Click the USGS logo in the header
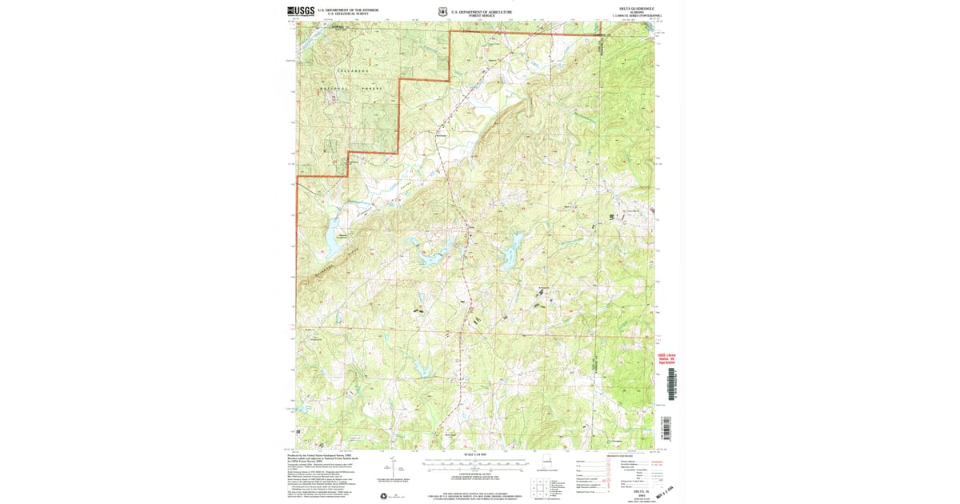click(301, 11)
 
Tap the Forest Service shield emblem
click(442, 12)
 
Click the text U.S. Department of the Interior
click(342, 10)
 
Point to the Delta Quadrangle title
click(636, 8)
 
